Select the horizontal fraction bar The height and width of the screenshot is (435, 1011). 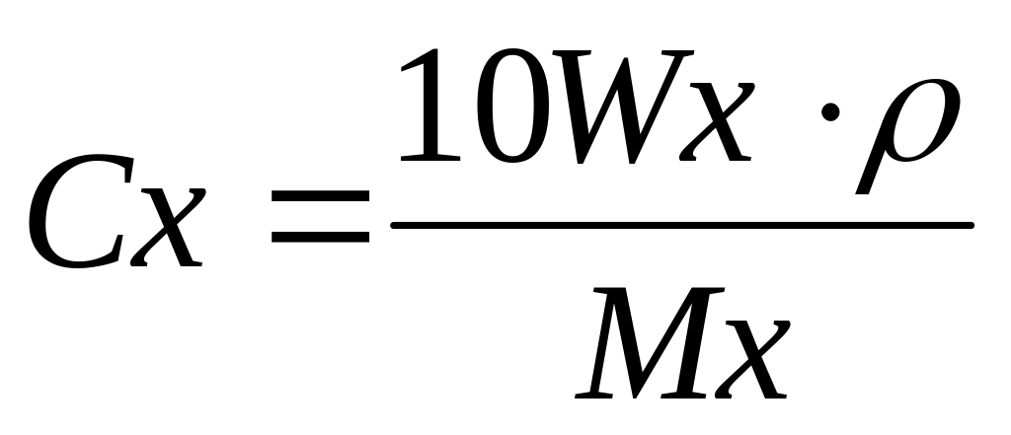pyautogui.click(x=681, y=226)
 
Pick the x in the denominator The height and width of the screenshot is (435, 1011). pyautogui.click(x=750, y=355)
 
